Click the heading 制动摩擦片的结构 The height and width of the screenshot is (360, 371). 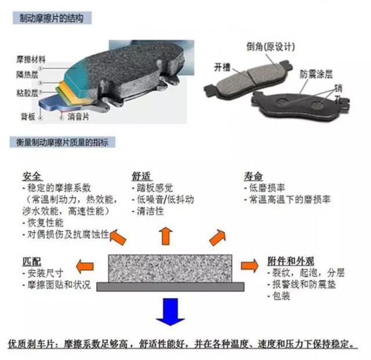pyautogui.click(x=52, y=18)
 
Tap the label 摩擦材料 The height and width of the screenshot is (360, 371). pyautogui.click(x=31, y=59)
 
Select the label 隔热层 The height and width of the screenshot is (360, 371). pyautogui.click(x=27, y=75)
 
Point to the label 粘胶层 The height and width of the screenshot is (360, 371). pyautogui.click(x=27, y=93)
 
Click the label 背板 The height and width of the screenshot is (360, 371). pyautogui.click(x=28, y=117)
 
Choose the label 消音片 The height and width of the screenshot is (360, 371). pyautogui.click(x=78, y=117)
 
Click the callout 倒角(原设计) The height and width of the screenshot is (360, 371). pyautogui.click(x=271, y=46)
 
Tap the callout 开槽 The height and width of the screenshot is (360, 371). pyautogui.click(x=222, y=67)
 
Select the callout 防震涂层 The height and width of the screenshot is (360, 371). pyautogui.click(x=316, y=74)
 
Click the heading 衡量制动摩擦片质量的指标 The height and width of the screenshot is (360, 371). pyautogui.click(x=62, y=142)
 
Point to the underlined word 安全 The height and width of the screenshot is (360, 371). pyautogui.click(x=32, y=176)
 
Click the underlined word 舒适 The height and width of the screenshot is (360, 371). pyautogui.click(x=141, y=176)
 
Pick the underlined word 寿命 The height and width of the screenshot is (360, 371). pyautogui.click(x=253, y=176)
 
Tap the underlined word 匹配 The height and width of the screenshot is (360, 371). pyautogui.click(x=32, y=261)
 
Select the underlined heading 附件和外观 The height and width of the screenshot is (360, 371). pyautogui.click(x=291, y=261)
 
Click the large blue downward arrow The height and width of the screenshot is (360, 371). pyautogui.click(x=170, y=312)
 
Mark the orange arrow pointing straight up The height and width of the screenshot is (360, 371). pyautogui.click(x=166, y=236)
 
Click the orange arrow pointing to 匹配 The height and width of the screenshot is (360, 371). pyautogui.click(x=85, y=267)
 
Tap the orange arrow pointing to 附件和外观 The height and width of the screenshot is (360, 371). pyautogui.click(x=250, y=266)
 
